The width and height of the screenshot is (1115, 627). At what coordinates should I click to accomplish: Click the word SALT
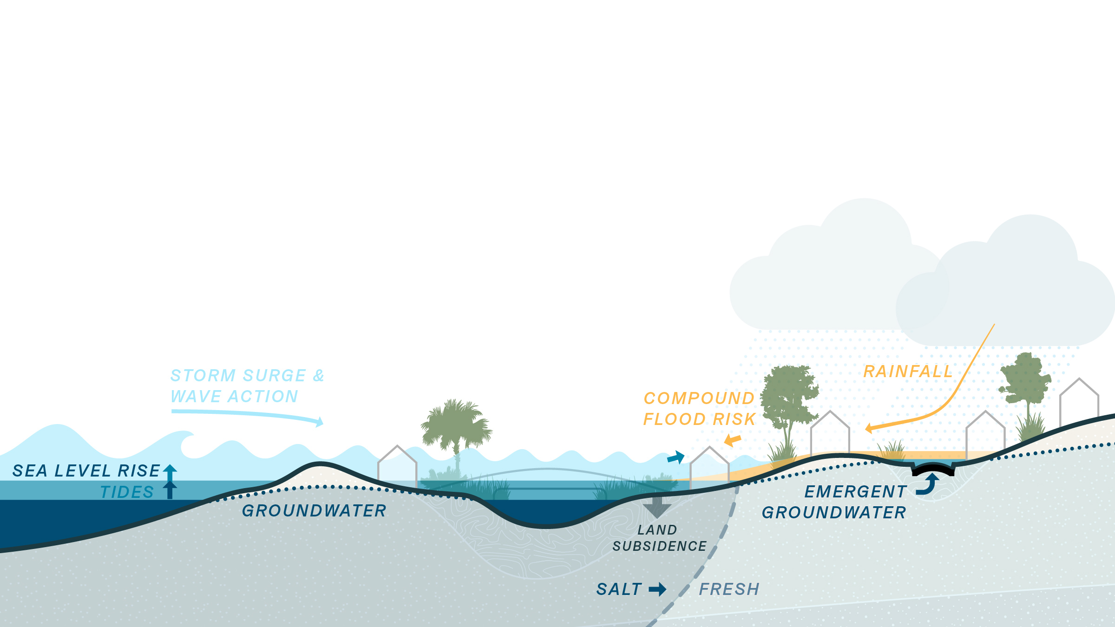pos(619,589)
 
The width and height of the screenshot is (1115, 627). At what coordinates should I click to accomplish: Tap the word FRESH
pos(729,589)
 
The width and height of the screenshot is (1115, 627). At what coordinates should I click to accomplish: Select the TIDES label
pos(127,492)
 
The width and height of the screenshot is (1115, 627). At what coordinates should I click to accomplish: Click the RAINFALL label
pos(908,372)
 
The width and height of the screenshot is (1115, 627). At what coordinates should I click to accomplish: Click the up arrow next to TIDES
pos(170,490)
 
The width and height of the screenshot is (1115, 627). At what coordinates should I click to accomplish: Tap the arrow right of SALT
pos(658,589)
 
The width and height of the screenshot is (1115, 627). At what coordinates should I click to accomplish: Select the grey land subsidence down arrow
pos(657,507)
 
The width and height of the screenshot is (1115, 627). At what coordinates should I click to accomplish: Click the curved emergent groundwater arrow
pos(927,484)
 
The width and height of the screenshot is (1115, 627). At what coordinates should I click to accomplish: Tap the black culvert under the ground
pos(933,470)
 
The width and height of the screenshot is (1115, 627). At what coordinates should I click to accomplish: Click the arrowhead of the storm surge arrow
pos(320,422)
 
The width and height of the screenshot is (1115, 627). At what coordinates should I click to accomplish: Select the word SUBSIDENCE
pos(659,546)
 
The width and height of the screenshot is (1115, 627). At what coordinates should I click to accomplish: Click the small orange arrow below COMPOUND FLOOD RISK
pos(733,440)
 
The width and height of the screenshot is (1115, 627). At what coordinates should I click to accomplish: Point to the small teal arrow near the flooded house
pos(676,457)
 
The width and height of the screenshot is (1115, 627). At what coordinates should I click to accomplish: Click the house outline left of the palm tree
pos(397,464)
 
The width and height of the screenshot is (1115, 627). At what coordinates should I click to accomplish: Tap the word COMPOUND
pos(699,398)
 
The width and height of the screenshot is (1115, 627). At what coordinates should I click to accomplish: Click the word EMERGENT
pos(855,492)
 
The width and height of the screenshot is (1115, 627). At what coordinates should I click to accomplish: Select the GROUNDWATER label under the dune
pos(314,511)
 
